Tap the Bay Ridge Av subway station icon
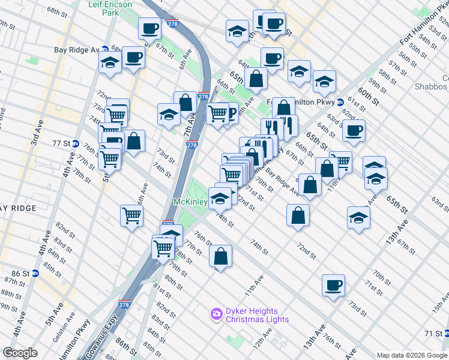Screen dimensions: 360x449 tap(104, 50)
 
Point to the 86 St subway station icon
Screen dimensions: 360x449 tap(35, 273)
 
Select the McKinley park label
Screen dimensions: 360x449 tap(190, 202)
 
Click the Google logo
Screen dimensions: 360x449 tap(20, 353)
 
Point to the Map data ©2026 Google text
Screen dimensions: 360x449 tap(411, 355)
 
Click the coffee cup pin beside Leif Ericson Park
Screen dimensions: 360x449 tap(149, 28)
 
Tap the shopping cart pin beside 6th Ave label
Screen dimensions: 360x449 tap(131, 215)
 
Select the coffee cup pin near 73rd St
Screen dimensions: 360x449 tap(333, 285)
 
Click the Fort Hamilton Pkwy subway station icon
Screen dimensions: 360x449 tap(339, 102)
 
